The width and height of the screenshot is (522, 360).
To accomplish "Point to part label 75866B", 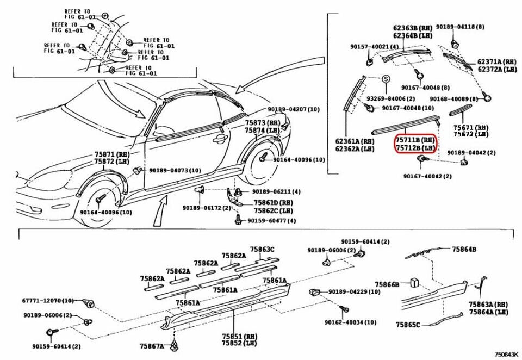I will [x=387, y=284].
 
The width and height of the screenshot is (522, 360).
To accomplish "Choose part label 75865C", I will [x=408, y=325].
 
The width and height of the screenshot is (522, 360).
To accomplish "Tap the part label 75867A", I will [x=151, y=346].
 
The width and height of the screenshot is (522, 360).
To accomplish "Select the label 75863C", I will [x=262, y=250].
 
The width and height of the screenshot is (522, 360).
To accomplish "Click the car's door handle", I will [x=219, y=139].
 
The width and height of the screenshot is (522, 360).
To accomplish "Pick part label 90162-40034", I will [x=351, y=322].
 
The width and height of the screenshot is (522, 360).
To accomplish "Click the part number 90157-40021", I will [x=374, y=47].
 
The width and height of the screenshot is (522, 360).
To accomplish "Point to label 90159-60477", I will [x=272, y=220].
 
